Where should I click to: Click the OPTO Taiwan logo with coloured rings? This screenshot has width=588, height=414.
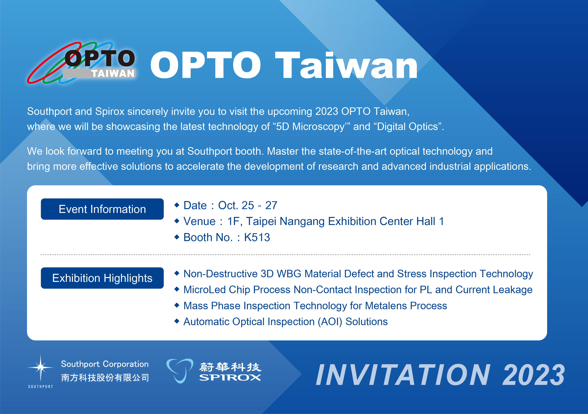tap(81, 63)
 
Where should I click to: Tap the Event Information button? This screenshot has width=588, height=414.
tap(102, 209)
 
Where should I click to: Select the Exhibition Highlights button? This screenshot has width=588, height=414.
tap(102, 278)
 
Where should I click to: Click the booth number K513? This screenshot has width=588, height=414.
tap(257, 237)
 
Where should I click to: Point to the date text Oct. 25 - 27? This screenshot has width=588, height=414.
tap(248, 205)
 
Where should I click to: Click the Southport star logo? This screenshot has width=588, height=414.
tap(40, 368)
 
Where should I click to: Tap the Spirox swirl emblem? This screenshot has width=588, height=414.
tap(180, 371)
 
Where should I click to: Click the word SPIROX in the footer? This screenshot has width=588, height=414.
tap(230, 377)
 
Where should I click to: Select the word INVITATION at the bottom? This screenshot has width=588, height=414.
tap(403, 375)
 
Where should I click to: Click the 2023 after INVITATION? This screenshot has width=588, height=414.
tap(533, 375)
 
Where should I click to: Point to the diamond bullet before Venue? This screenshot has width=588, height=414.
tap(177, 221)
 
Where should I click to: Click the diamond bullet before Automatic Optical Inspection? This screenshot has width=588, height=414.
tap(177, 321)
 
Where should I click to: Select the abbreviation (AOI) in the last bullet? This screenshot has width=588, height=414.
tap(330, 322)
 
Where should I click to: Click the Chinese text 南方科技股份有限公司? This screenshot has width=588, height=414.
tap(105, 378)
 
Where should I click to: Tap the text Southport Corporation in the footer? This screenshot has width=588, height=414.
tap(105, 364)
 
